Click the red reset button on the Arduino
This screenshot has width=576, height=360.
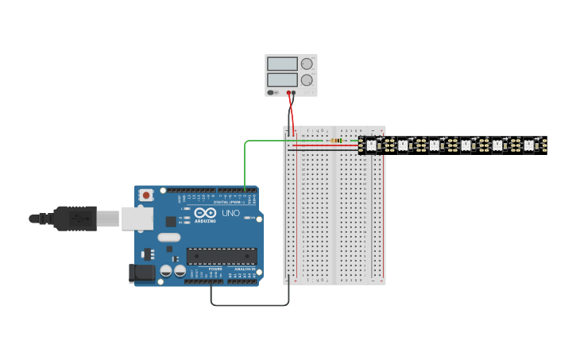[147, 195]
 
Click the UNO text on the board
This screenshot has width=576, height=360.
[230, 214]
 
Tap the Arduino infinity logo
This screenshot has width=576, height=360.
[204, 213]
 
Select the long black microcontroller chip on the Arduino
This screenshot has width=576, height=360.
[222, 256]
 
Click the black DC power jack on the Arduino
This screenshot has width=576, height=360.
[141, 273]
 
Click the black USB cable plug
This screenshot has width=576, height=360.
[75, 218]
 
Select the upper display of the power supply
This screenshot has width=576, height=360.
[282, 64]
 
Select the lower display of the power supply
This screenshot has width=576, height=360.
[282, 79]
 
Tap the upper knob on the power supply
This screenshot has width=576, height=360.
[307, 64]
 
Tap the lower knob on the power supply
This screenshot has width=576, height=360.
[307, 79]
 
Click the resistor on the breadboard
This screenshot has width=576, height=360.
[337, 141]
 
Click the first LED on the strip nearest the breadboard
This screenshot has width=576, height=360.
[370, 145]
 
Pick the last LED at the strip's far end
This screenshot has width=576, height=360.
[528, 145]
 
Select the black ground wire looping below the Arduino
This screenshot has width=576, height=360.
[249, 304]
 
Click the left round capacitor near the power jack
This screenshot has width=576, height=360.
[165, 271]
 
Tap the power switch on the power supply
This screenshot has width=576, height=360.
[272, 92]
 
